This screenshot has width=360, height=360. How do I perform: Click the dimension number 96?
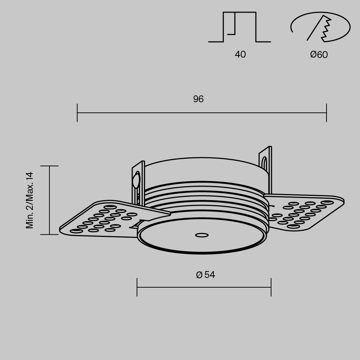[x=198, y=99]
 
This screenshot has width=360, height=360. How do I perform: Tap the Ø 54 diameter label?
[x=206, y=275]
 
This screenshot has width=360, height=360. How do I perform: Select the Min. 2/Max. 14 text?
[x=30, y=200]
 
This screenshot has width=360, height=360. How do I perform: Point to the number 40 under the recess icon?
[x=240, y=54]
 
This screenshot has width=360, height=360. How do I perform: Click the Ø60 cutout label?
[x=319, y=55]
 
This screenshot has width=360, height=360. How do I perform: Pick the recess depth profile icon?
[x=239, y=27]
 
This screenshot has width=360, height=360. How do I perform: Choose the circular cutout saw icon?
[x=320, y=27]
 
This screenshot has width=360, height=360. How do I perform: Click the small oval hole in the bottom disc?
[x=202, y=235]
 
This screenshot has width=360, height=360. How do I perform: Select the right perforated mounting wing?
[x=302, y=212]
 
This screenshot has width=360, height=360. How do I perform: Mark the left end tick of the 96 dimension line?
[x=77, y=113]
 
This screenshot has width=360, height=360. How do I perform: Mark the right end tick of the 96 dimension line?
[x=327, y=113]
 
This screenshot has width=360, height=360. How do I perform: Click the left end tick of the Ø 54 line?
[x=137, y=287]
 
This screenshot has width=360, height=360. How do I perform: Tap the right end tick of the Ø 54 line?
[x=271, y=287]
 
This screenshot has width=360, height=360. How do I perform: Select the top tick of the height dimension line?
[x=49, y=166]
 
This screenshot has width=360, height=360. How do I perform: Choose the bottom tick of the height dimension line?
[x=49, y=234]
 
